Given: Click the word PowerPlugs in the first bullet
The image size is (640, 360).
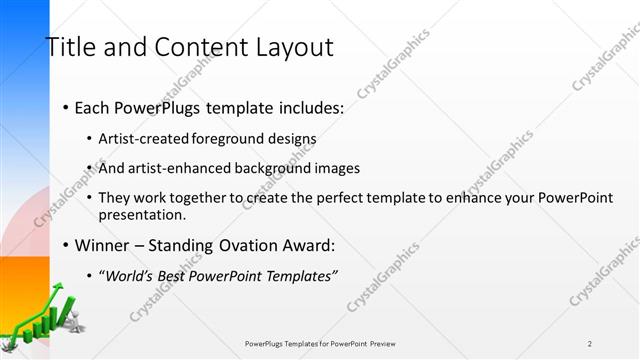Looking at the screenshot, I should (x=164, y=107).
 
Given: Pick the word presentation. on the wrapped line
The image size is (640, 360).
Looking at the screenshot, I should (x=142, y=215).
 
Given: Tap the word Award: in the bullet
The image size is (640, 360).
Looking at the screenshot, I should (x=312, y=245).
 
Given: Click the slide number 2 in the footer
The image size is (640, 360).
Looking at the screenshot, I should (x=590, y=343).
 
